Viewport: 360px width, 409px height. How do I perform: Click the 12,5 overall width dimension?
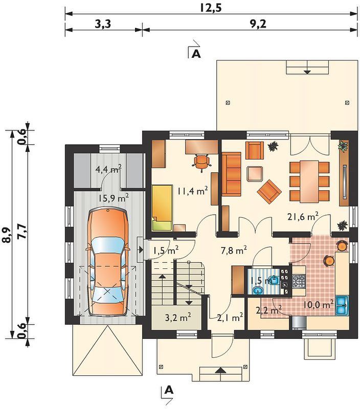[211, 8]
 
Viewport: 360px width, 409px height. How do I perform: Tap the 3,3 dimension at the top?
[103, 24]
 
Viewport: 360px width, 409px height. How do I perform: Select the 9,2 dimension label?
[258, 24]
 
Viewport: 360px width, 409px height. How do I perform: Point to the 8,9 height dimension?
[8, 235]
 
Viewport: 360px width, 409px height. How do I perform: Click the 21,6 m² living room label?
[303, 216]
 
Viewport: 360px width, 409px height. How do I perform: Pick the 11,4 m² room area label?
[192, 191]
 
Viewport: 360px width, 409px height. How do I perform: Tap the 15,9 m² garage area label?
[114, 198]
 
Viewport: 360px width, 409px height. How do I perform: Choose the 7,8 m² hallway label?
[234, 251]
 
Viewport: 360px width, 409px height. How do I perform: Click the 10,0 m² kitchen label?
[318, 304]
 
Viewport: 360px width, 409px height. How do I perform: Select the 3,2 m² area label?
[178, 317]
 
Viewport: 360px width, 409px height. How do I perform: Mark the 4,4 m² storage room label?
[108, 170]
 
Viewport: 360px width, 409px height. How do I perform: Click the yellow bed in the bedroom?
[162, 208]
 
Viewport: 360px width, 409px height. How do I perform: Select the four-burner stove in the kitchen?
[299, 281]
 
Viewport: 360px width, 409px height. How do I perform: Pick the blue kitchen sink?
[342, 305]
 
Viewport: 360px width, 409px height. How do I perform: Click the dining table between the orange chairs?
[309, 181]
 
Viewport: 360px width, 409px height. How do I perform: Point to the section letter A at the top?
[196, 54]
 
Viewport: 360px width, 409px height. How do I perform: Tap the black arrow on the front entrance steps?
[221, 370]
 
